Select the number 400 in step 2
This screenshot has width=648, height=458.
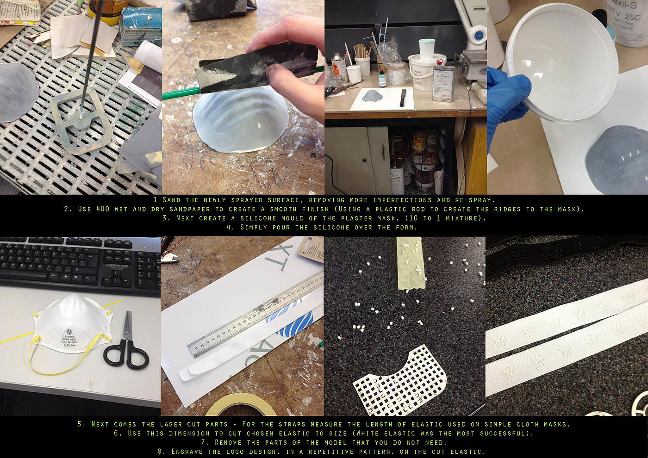click(x=103, y=209)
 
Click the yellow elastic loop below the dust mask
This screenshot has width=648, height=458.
click(x=58, y=359)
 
